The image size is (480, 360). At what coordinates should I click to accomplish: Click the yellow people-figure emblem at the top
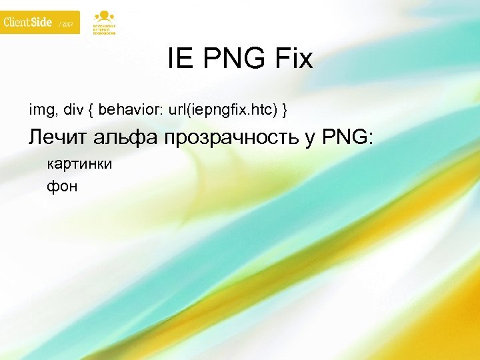(x=103, y=16)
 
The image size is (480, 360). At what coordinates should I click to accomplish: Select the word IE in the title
(x=179, y=60)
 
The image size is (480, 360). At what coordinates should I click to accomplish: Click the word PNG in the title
(x=231, y=60)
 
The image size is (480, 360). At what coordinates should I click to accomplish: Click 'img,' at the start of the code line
(x=39, y=108)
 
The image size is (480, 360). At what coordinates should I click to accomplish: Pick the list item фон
(x=62, y=186)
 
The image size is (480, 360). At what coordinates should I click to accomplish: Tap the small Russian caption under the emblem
(x=103, y=29)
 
